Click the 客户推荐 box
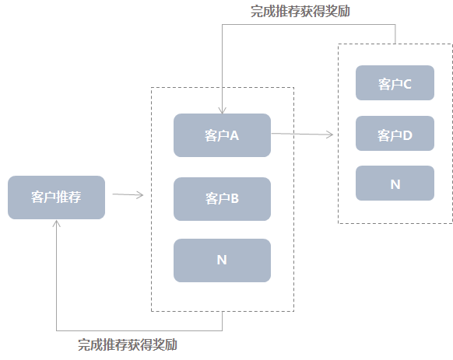[56, 197]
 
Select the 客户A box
[222, 135]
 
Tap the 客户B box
[222, 198]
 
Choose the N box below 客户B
[222, 260]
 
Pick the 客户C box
[395, 83]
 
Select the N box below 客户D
[395, 184]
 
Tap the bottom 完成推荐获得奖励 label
[132, 344]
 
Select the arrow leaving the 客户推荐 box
[128, 194]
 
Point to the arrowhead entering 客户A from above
[223, 110]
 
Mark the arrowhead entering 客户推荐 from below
[57, 223]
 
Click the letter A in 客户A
[234, 135]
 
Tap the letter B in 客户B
[234, 198]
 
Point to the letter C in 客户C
[406, 84]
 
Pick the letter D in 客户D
[406, 135]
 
